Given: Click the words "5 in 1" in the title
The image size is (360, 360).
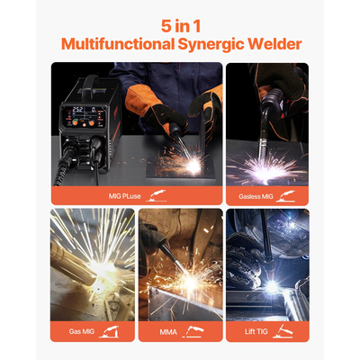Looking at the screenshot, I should (x=180, y=24).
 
